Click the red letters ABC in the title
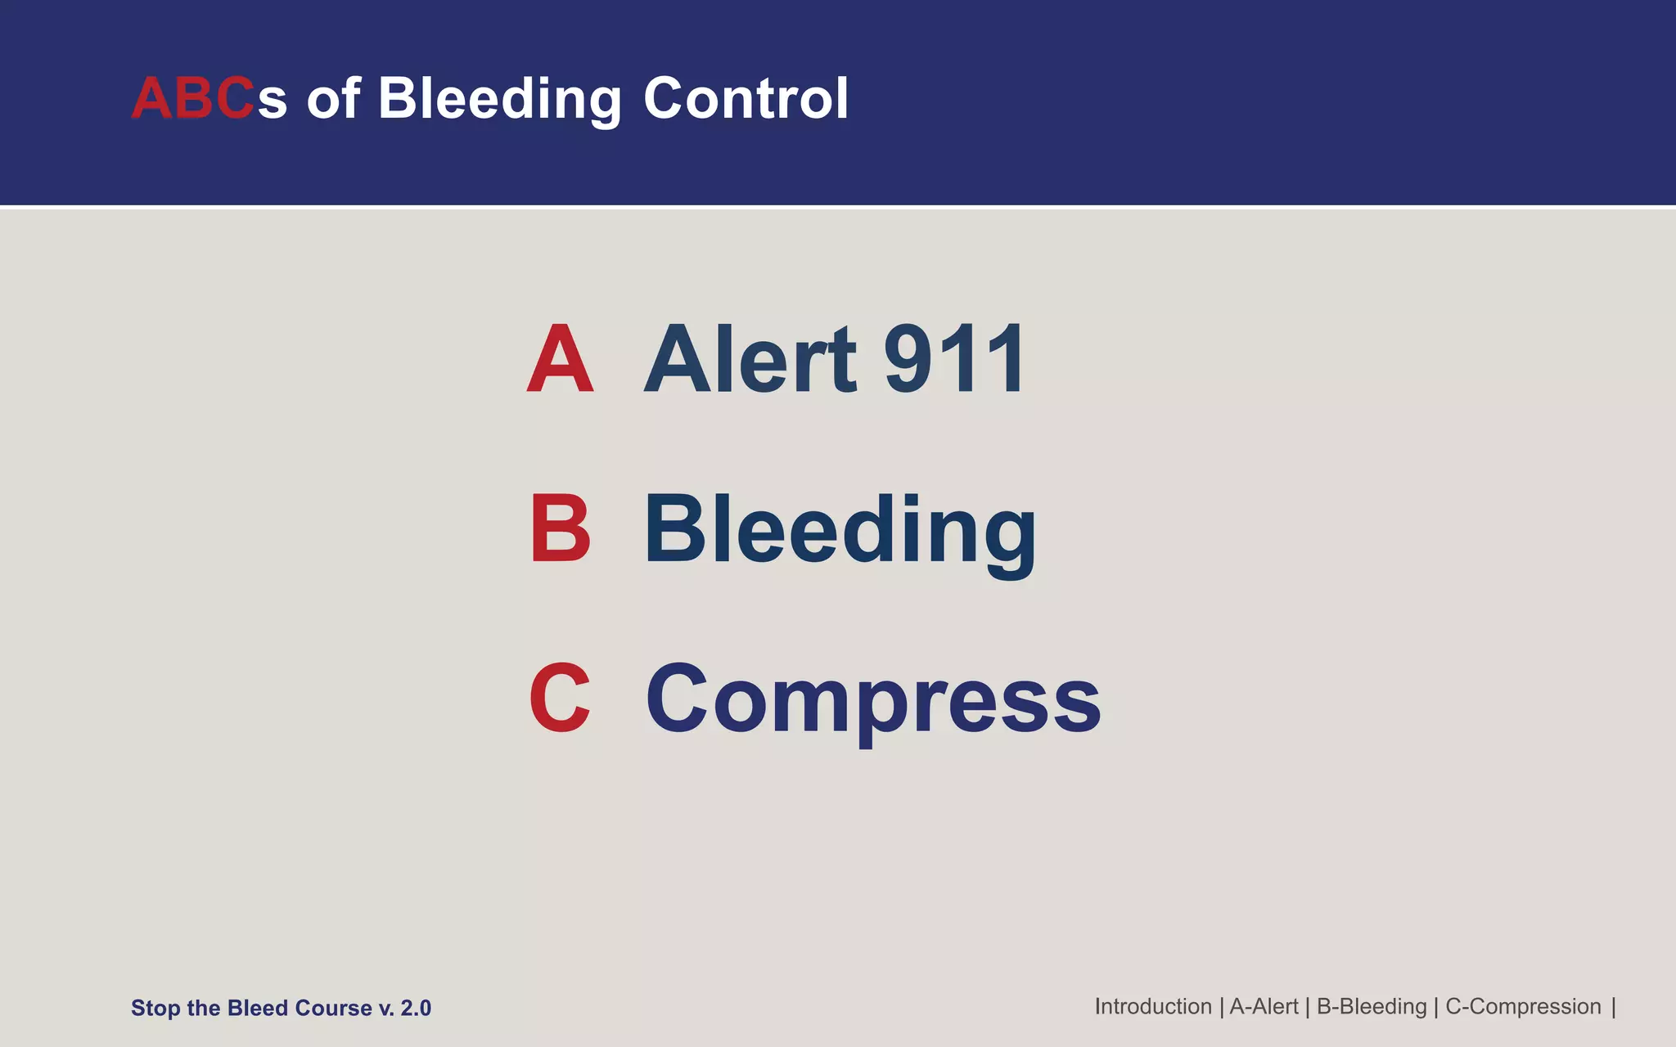pyautogui.click(x=193, y=99)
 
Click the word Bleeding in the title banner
pyautogui.click(x=499, y=99)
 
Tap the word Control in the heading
pyautogui.click(x=746, y=99)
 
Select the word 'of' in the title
pyautogui.click(x=333, y=99)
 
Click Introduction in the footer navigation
pyautogui.click(x=1152, y=1006)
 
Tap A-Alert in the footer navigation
pyautogui.click(x=1264, y=1006)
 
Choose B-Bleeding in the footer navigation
pyautogui.click(x=1371, y=1006)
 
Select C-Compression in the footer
pyautogui.click(x=1523, y=1006)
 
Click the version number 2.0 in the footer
pyautogui.click(x=416, y=1008)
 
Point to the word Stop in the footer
pyautogui.click(x=155, y=1008)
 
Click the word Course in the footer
pyautogui.click(x=333, y=1008)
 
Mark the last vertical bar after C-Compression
pyautogui.click(x=1614, y=1006)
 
